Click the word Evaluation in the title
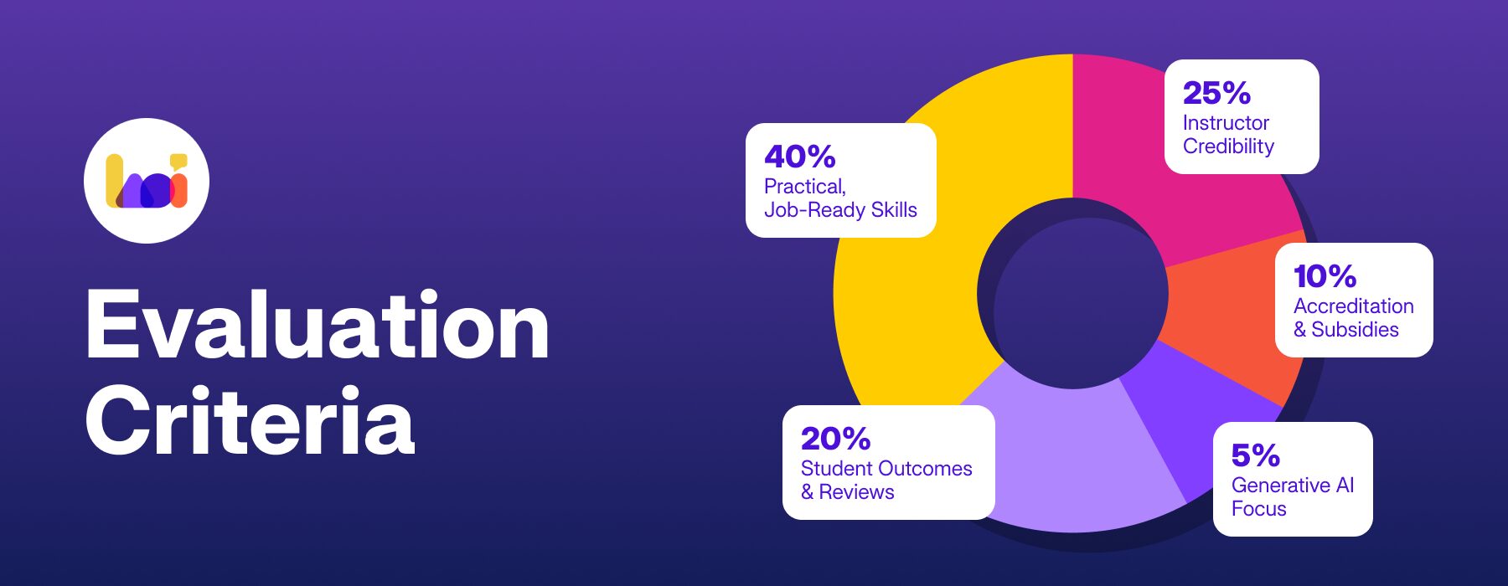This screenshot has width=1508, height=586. pyautogui.click(x=317, y=326)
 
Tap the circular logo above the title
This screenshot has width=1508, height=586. pyautogui.click(x=147, y=181)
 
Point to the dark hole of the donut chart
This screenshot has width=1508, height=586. pyautogui.click(x=1072, y=294)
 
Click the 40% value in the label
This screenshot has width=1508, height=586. pyautogui.click(x=800, y=157)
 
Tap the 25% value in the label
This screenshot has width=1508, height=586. pyautogui.click(x=1216, y=93)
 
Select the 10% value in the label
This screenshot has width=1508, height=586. pyautogui.click(x=1325, y=276)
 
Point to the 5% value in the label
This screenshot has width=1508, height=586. pyautogui.click(x=1255, y=455)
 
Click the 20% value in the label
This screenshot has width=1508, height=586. pyautogui.click(x=835, y=439)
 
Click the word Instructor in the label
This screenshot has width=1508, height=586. pyautogui.click(x=1226, y=123)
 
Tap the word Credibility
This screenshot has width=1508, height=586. pyautogui.click(x=1228, y=146)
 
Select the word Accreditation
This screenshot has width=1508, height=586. pyautogui.click(x=1354, y=306)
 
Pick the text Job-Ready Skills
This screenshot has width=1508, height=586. pyautogui.click(x=840, y=210)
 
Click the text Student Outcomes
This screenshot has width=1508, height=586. pyautogui.click(x=886, y=469)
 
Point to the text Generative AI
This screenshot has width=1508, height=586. pyautogui.click(x=1293, y=486)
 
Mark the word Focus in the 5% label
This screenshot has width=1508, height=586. pyautogui.click(x=1258, y=509)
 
